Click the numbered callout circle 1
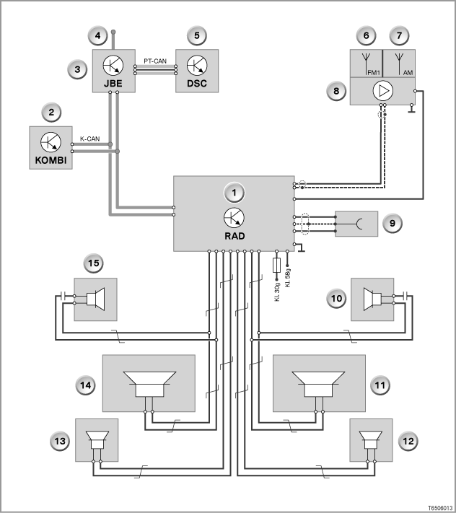[234, 193]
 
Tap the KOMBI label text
[51, 160]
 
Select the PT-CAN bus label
[155, 61]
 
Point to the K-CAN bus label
[90, 139]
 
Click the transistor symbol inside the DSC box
[197, 65]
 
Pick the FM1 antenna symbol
[366, 63]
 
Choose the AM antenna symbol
[399, 63]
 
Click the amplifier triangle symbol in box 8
[382, 91]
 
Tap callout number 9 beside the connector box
[393, 224]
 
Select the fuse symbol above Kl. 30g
[276, 265]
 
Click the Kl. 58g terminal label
[288, 278]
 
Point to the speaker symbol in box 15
[95, 299]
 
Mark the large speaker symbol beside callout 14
[150, 384]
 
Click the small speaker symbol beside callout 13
[97, 440]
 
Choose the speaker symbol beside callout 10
[372, 299]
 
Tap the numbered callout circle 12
[408, 442]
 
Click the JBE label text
[113, 84]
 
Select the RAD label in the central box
[234, 236]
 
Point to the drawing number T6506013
[441, 508]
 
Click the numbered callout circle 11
[380, 385]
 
